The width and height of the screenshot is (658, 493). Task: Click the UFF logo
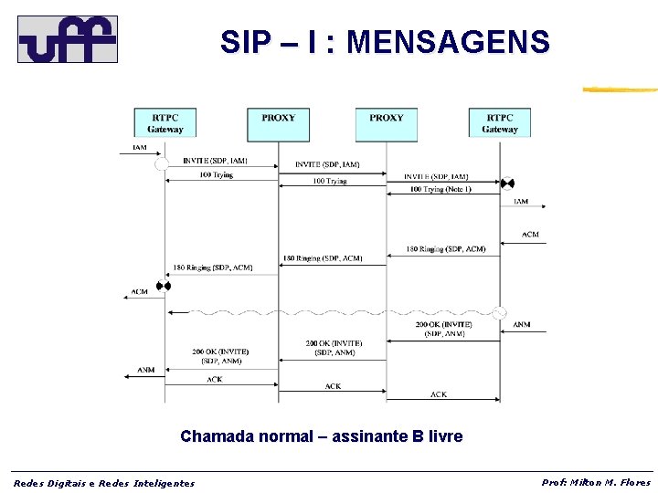click(68, 39)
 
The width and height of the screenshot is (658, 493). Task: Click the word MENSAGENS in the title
click(449, 42)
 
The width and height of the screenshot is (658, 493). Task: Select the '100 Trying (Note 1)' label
click(440, 189)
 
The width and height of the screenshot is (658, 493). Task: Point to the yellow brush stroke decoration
click(620, 89)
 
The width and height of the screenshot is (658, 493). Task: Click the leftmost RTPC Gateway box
click(165, 123)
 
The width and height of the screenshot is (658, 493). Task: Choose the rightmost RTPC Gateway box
click(500, 123)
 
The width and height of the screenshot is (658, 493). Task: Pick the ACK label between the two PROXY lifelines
click(333, 386)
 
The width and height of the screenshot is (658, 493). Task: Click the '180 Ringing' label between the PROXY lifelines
click(323, 258)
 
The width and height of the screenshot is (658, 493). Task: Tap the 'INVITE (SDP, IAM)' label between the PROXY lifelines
click(327, 164)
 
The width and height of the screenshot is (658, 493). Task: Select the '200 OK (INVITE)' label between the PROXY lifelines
click(334, 343)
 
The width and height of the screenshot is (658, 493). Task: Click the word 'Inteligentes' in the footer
click(164, 483)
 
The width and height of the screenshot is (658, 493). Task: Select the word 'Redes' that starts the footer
click(30, 483)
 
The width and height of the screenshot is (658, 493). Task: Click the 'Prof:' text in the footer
click(554, 482)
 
